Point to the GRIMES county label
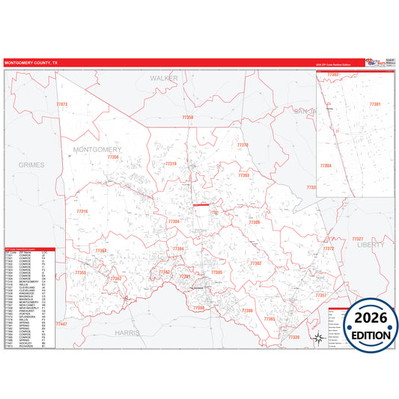[x=32, y=165]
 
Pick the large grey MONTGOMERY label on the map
[x=97, y=150]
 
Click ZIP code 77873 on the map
[x=62, y=104]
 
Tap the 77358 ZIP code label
[x=188, y=118]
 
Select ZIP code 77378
[x=243, y=145]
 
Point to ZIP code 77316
[x=82, y=212]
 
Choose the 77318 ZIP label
[x=171, y=163]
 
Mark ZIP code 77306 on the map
[x=255, y=222]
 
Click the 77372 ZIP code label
[x=328, y=249]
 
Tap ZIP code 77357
[x=321, y=296]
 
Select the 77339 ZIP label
[x=293, y=338]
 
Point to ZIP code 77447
[x=61, y=323]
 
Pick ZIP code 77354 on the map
[x=101, y=251]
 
